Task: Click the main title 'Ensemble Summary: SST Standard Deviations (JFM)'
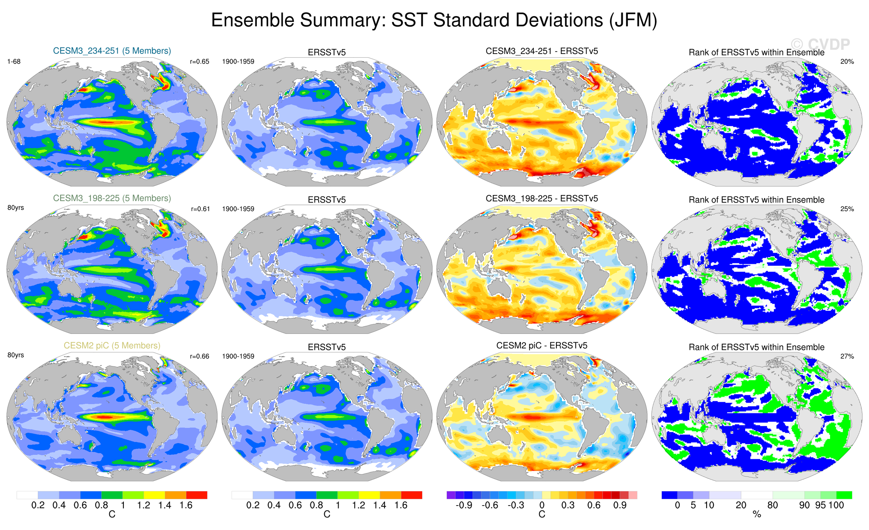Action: pyautogui.click(x=434, y=20)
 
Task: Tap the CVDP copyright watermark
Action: pyautogui.click(x=820, y=45)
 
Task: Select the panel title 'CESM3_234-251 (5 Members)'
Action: pyautogui.click(x=112, y=51)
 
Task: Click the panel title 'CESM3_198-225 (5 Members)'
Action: pyautogui.click(x=112, y=198)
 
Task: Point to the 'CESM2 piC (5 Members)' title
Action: pyautogui.click(x=112, y=346)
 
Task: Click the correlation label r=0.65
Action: pyautogui.click(x=199, y=62)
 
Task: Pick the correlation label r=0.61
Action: pyautogui.click(x=200, y=209)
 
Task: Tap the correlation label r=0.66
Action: pyautogui.click(x=199, y=356)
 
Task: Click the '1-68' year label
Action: pyautogui.click(x=14, y=62)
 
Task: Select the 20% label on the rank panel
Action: pyautogui.click(x=847, y=62)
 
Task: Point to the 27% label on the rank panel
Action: pyautogui.click(x=847, y=356)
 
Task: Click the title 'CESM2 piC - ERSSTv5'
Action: pyautogui.click(x=542, y=346)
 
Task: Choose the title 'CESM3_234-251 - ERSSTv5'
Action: pyautogui.click(x=542, y=51)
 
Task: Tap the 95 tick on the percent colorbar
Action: pyautogui.click(x=820, y=505)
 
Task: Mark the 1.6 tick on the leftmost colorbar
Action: pyautogui.click(x=186, y=505)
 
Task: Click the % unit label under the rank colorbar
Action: pyautogui.click(x=757, y=515)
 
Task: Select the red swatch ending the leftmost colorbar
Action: pyautogui.click(x=196, y=495)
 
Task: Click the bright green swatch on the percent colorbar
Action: pyautogui.click(x=844, y=495)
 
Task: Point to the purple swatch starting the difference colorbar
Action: pyautogui.click(x=451, y=495)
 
